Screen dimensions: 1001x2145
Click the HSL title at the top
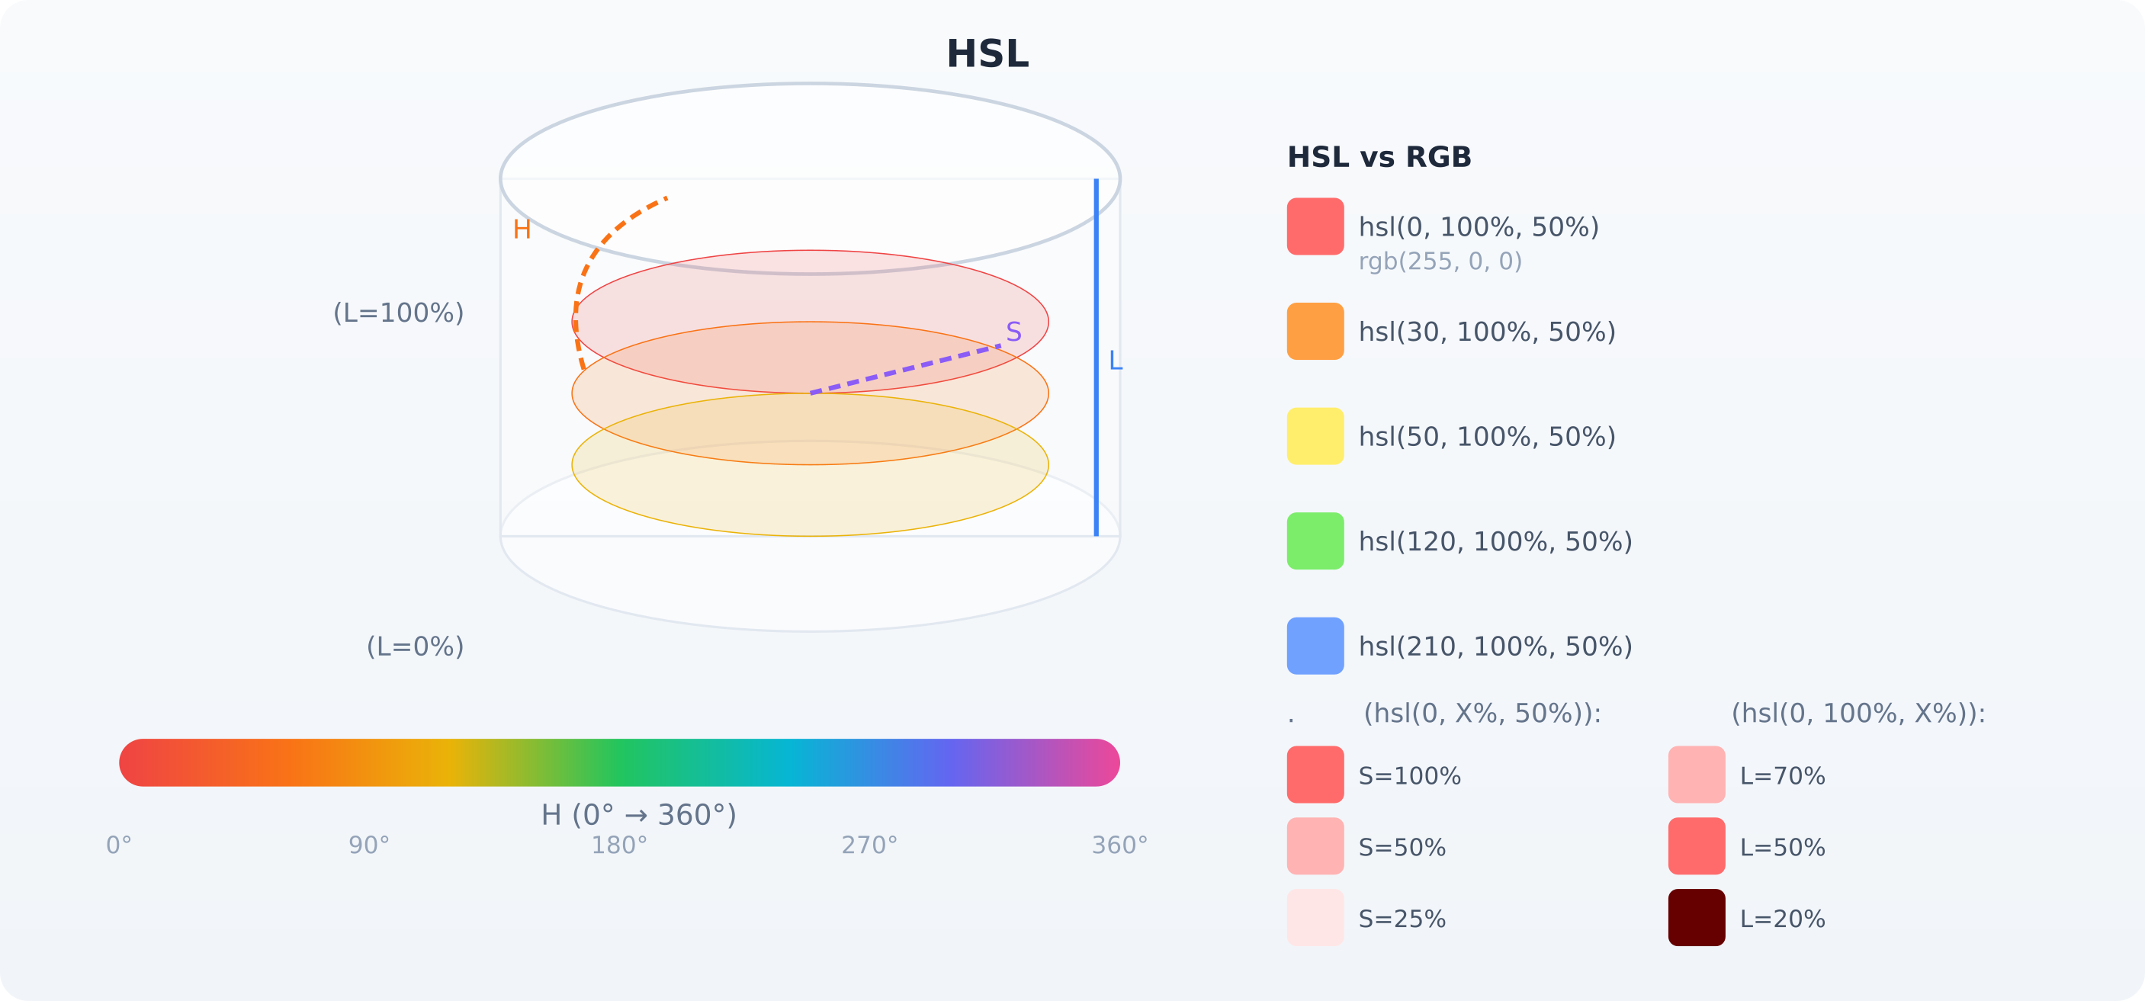click(x=987, y=55)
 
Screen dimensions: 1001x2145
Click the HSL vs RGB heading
click(x=1379, y=157)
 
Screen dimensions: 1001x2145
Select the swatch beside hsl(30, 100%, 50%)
click(x=1315, y=332)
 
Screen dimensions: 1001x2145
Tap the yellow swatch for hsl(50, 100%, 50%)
click(x=1315, y=436)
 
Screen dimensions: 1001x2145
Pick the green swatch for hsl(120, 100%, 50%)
click(x=1315, y=541)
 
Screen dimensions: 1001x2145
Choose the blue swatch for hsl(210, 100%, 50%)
click(x=1315, y=646)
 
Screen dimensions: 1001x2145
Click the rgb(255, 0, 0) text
click(x=1440, y=261)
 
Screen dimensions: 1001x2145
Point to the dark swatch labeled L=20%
click(x=1696, y=918)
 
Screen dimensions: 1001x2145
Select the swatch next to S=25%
click(x=1315, y=918)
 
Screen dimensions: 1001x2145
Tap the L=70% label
click(x=1782, y=776)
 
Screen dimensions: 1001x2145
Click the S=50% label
click(x=1402, y=848)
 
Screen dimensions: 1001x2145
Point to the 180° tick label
click(x=618, y=846)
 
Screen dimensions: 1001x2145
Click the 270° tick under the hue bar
click(x=869, y=846)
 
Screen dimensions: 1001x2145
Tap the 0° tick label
click(x=119, y=846)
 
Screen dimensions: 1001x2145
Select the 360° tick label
click(x=1119, y=846)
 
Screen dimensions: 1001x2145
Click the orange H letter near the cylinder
click(x=522, y=229)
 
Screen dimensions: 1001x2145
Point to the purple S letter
click(x=1013, y=332)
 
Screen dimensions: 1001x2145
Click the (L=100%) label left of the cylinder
click(x=398, y=313)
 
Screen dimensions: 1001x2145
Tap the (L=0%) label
click(x=415, y=647)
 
